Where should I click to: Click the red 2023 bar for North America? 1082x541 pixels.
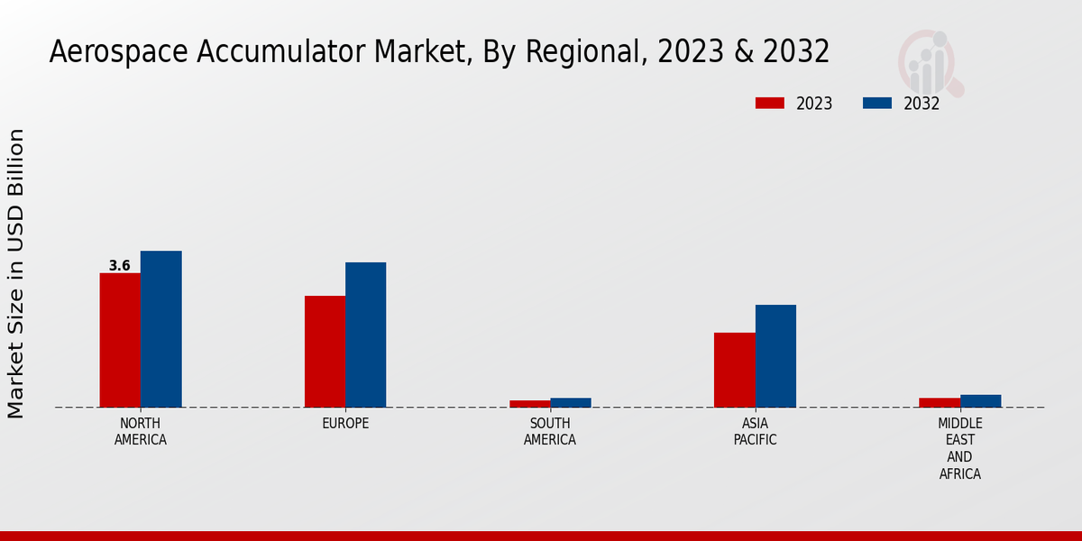120,340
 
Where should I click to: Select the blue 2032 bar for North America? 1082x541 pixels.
160,329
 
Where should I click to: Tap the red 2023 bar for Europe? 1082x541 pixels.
325,352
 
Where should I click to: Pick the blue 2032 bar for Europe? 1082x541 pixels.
365,335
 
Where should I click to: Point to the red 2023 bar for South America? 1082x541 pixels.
529,404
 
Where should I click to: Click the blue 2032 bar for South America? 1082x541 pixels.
571,403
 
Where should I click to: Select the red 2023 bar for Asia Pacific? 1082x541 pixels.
734,370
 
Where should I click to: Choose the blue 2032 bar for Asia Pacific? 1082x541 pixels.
775,356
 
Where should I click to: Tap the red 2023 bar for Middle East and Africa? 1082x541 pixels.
940,402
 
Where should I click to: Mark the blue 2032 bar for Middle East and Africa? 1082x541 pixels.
980,401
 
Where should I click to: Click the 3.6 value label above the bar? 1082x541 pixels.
119,266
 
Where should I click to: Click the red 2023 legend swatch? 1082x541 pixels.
769,104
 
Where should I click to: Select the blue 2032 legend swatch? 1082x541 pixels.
876,104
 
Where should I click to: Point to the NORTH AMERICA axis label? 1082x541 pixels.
140,432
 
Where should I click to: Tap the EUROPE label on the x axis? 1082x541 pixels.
345,424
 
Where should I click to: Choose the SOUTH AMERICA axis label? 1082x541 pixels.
550,432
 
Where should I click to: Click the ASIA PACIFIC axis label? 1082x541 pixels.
755,432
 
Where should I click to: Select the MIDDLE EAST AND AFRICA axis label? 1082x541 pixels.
959,449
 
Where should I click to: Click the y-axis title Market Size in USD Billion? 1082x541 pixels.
16,273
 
